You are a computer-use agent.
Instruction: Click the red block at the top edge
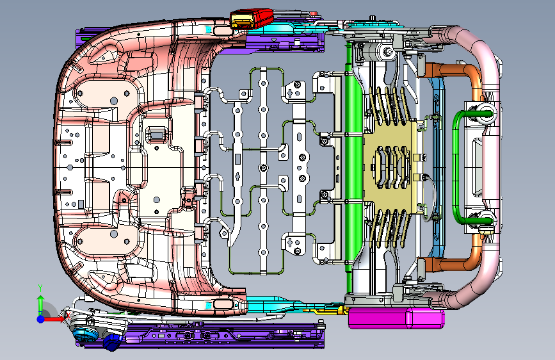252,19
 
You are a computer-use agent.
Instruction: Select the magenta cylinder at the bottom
396,318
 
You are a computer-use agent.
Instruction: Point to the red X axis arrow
53,319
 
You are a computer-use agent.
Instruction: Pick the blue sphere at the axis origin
41,319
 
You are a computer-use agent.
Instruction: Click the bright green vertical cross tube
354,170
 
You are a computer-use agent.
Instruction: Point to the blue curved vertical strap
437,167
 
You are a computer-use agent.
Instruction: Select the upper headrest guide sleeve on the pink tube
485,111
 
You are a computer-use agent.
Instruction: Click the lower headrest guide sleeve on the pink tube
485,219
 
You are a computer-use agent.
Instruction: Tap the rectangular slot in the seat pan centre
156,134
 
